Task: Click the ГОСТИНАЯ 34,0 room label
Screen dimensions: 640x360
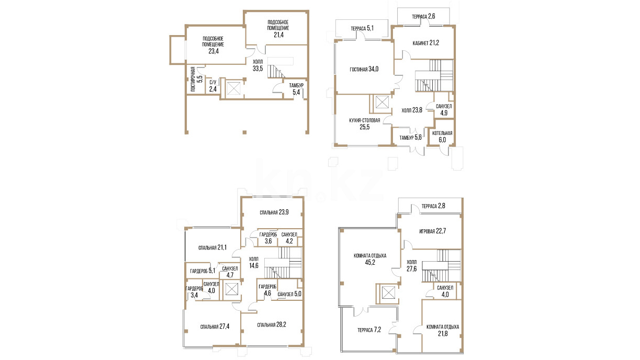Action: (364, 69)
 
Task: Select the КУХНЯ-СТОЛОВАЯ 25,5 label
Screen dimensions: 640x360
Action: (365, 123)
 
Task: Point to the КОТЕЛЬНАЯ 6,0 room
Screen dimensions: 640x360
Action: (442, 137)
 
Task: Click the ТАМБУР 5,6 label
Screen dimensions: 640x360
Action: (410, 138)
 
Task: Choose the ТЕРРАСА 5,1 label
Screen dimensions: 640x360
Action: (362, 28)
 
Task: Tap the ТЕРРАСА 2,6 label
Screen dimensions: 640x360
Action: (423, 17)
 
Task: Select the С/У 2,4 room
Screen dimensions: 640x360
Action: (213, 86)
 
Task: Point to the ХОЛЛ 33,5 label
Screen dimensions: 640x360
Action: (257, 65)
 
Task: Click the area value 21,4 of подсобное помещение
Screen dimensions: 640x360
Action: (278, 35)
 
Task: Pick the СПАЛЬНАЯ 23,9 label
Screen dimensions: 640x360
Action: (274, 212)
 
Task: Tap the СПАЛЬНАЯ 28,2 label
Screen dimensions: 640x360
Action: (272, 325)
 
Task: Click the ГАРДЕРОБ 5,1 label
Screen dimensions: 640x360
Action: (203, 271)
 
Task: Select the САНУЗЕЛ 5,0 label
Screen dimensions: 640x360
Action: (289, 294)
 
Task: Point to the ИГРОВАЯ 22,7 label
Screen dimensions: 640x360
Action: (432, 231)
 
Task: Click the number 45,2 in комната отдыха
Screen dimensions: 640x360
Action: (370, 262)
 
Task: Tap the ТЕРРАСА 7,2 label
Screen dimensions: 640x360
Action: (369, 330)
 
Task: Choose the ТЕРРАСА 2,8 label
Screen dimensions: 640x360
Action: (433, 206)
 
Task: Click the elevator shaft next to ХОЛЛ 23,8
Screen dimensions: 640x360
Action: (382, 102)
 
